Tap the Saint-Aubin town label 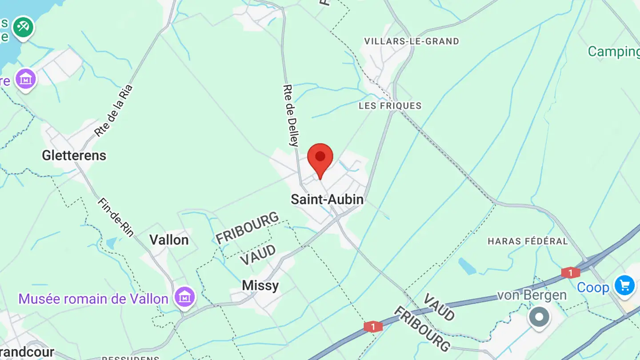[327, 200]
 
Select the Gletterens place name [74, 156]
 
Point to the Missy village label [260, 286]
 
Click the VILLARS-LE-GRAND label [412, 41]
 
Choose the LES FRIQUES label [390, 106]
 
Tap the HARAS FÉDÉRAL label [528, 241]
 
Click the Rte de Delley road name [291, 116]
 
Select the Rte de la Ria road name [114, 111]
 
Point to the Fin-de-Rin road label [116, 217]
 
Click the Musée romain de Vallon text [93, 299]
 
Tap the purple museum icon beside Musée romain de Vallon [184, 296]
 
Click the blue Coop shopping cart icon [624, 285]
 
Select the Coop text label [593, 288]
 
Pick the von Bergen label [532, 295]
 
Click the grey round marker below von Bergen [540, 317]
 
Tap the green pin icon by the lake [23, 27]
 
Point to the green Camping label [613, 52]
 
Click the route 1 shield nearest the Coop [570, 272]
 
